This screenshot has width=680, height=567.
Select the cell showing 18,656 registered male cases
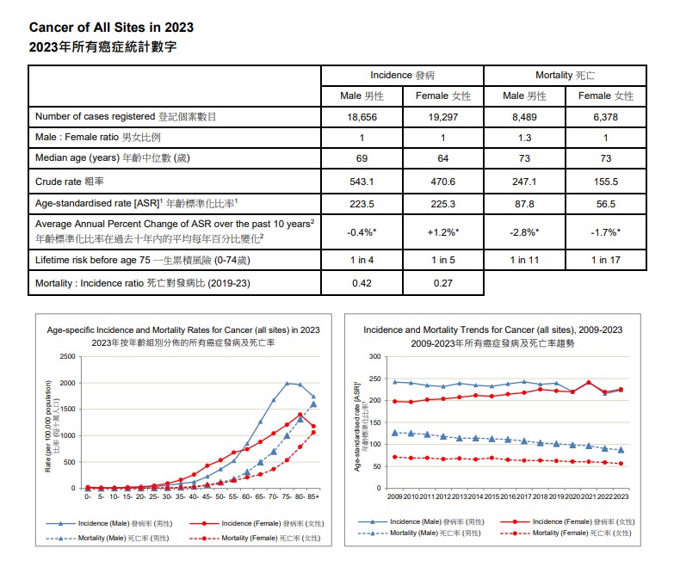click(362, 117)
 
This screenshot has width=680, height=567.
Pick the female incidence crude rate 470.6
click(442, 182)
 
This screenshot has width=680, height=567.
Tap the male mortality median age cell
click(524, 158)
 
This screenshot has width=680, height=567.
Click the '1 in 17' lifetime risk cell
click(606, 259)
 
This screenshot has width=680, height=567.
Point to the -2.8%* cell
click(524, 232)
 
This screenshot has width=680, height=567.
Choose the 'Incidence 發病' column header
click(402, 76)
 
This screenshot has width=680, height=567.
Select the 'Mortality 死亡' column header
click(566, 76)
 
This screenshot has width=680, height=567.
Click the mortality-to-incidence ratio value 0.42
click(362, 282)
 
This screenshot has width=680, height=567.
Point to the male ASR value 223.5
click(362, 203)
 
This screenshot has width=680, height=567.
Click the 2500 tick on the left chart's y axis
click(67, 356)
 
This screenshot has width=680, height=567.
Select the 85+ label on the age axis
click(313, 496)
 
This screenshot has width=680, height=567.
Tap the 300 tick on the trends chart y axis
click(374, 356)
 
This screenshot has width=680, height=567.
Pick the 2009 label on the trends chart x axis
click(394, 496)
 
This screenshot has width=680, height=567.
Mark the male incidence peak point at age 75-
click(287, 384)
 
